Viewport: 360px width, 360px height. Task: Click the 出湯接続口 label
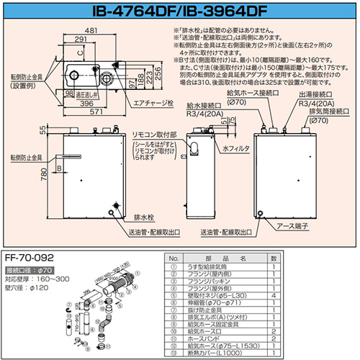click(x=316, y=94)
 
